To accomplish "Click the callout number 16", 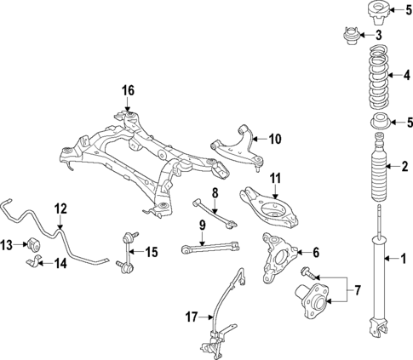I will coord(128,90).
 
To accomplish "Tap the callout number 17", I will coord(192,317).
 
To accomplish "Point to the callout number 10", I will coord(274,138).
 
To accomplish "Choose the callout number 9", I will coord(203,226).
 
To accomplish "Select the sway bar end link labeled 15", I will coord(129,252).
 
